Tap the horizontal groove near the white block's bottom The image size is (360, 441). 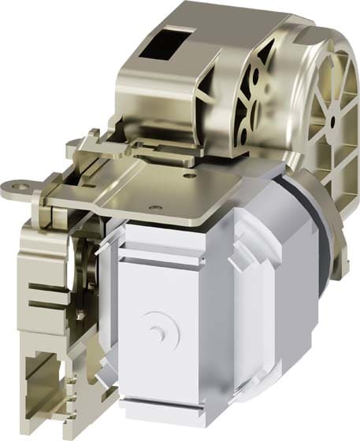coord(169,412)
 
